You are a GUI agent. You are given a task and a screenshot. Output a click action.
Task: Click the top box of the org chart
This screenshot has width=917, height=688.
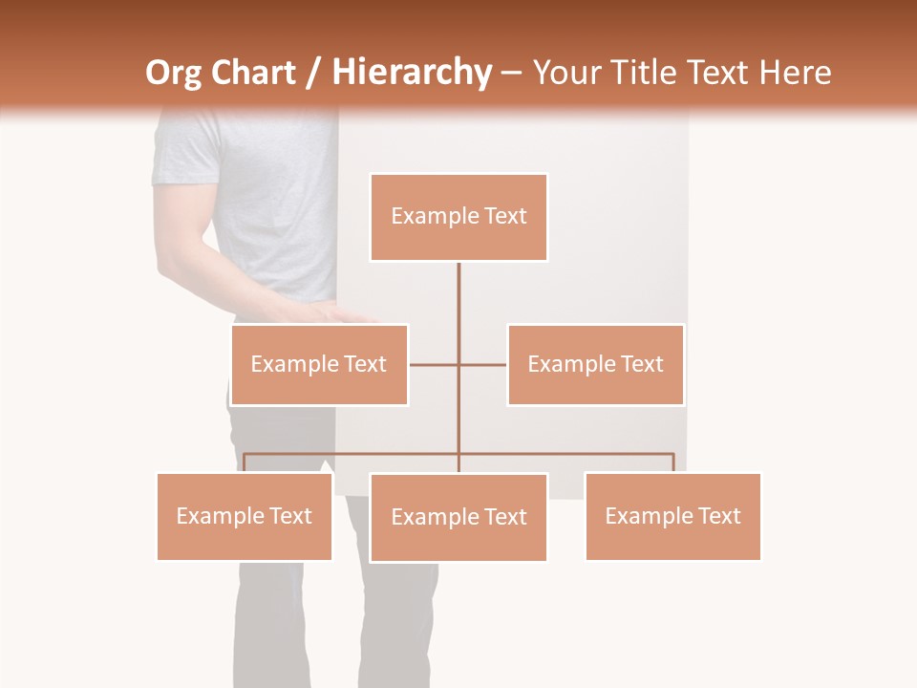[458, 217]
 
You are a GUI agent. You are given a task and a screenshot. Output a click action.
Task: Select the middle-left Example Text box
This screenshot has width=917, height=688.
[319, 364]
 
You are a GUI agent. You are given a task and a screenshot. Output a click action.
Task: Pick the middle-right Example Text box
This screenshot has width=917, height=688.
[595, 364]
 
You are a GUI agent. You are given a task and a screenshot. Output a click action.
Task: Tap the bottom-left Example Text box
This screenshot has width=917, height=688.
[245, 516]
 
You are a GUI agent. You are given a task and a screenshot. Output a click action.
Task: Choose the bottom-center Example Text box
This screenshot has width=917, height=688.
[458, 517]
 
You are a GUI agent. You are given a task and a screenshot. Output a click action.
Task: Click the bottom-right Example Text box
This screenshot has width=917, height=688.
[672, 516]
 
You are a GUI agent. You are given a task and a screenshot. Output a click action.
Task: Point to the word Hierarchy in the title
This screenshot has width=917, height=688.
[411, 73]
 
